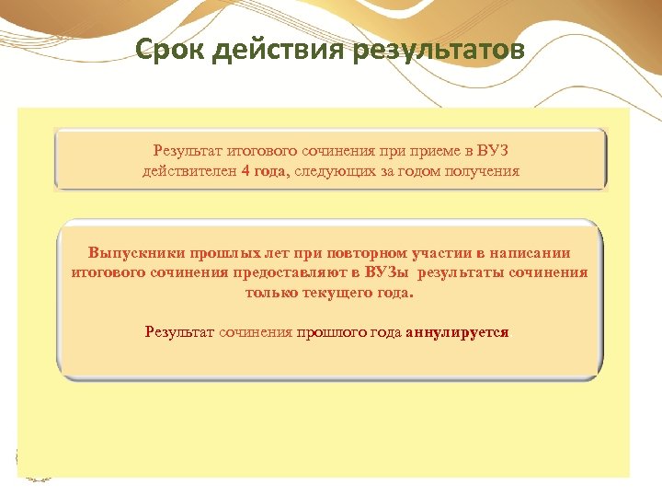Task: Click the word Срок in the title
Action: [167, 48]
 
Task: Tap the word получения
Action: [479, 171]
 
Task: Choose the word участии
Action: [433, 253]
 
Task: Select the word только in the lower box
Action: [271, 293]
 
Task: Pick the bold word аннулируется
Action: [457, 332]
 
